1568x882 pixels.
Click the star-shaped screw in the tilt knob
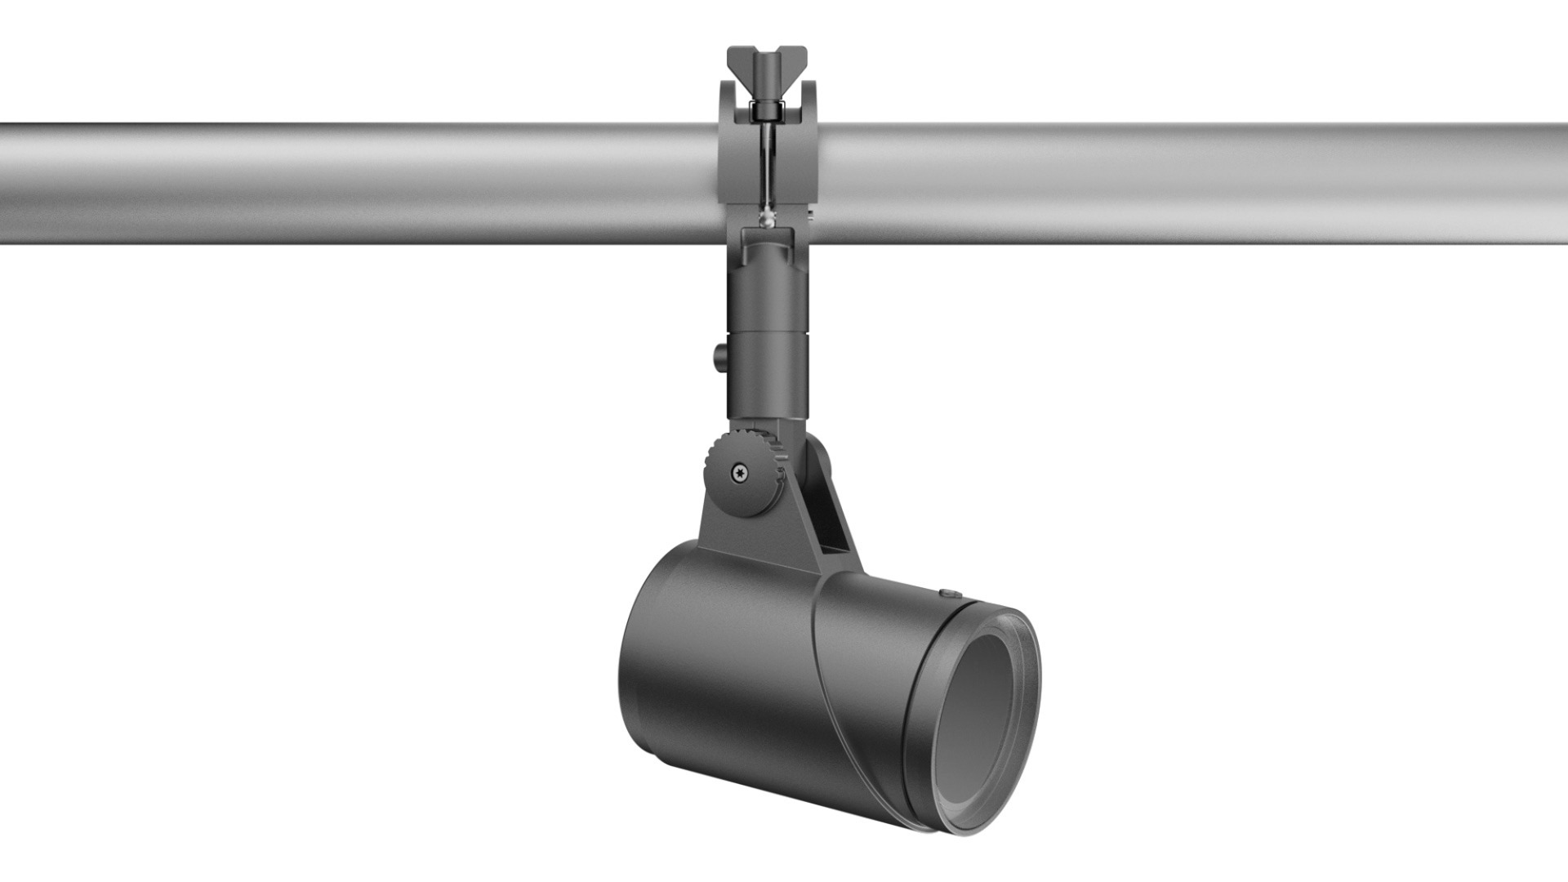tap(740, 472)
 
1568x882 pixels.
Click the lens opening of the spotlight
tap(977, 723)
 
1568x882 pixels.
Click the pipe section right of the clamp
tap(1184, 184)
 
